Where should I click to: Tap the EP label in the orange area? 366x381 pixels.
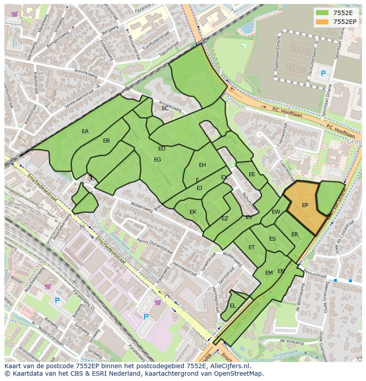coord(305,205)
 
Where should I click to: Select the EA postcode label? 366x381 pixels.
coord(85,131)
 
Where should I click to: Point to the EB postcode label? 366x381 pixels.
coord(106,141)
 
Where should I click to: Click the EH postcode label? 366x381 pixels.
coord(202,165)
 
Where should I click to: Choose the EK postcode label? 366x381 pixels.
coord(193,212)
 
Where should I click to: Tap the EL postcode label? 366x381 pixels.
coord(233,306)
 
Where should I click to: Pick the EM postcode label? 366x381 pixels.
coord(269,273)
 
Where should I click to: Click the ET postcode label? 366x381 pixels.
coord(252,247)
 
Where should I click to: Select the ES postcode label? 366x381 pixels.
coord(272,239)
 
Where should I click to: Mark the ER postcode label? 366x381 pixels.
coord(294,235)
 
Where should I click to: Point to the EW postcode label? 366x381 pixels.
coord(276,212)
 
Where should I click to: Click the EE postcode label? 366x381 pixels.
coord(252,174)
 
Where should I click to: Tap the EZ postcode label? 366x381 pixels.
coord(225,219)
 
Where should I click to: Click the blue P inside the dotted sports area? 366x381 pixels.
coord(323,74)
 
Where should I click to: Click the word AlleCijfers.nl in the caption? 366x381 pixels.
coord(229,366)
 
